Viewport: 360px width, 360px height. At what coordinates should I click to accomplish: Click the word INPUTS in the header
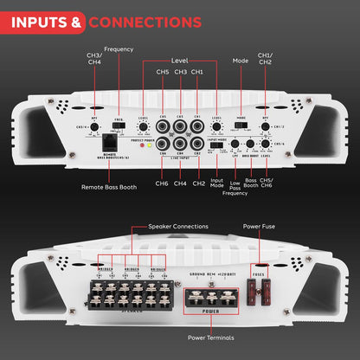click(42, 20)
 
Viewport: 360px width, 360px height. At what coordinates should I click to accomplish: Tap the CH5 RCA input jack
click(162, 123)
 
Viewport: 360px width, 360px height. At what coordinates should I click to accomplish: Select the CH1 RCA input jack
click(196, 123)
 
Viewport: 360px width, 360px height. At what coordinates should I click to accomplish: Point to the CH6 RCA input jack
click(162, 144)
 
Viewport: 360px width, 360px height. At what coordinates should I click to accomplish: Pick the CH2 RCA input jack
click(196, 144)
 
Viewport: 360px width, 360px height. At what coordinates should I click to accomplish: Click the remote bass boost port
click(111, 144)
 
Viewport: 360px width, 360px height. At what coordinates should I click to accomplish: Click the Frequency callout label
click(119, 49)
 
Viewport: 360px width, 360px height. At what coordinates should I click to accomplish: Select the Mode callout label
click(240, 61)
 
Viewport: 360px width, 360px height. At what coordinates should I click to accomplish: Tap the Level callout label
click(180, 61)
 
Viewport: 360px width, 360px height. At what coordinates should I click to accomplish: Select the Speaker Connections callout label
click(175, 225)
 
